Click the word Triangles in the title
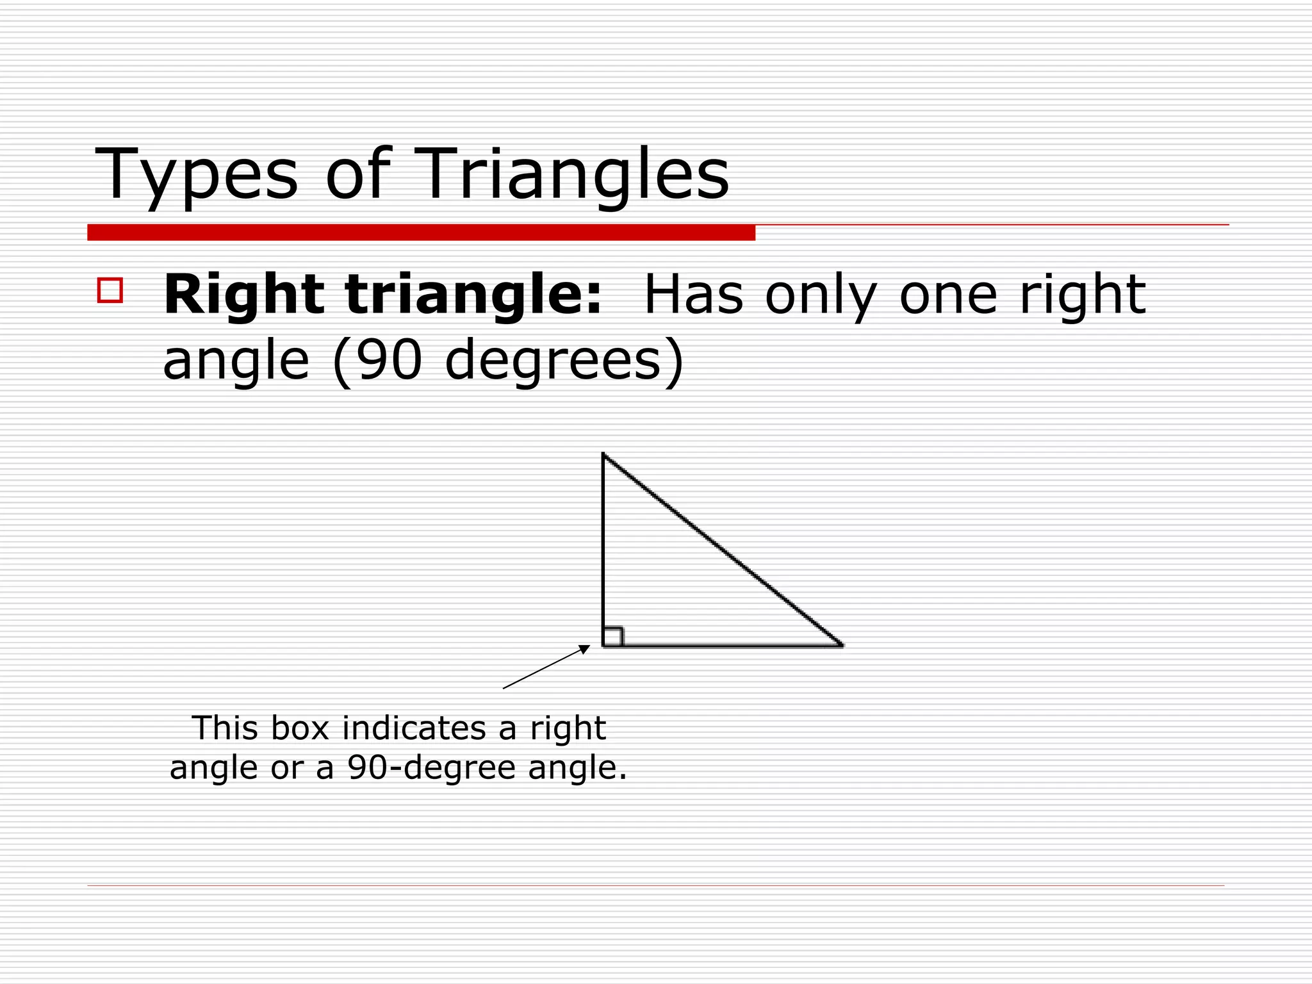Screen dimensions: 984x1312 click(x=574, y=174)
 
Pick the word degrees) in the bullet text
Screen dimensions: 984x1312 click(x=564, y=360)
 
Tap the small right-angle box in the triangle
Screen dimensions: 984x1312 click(x=612, y=637)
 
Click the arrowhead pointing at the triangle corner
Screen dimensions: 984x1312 click(x=585, y=649)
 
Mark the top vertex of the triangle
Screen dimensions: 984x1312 click(x=603, y=454)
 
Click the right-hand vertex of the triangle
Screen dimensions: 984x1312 click(x=842, y=646)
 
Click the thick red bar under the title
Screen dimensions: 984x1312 click(x=421, y=233)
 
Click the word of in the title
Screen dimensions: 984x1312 click(x=357, y=174)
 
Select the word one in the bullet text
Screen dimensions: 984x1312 click(x=948, y=296)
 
